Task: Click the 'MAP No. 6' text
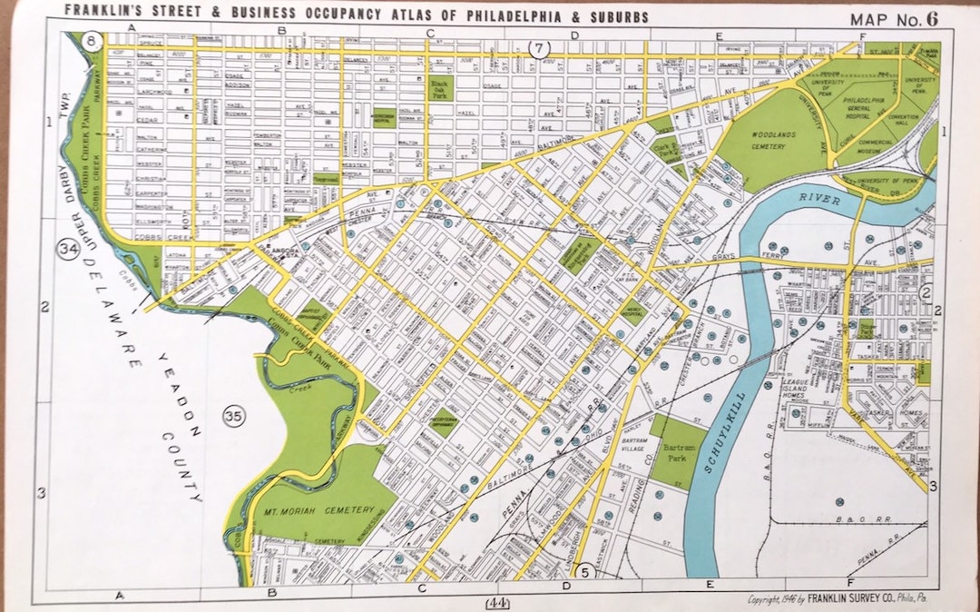pos(893,19)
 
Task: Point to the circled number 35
pos(234,417)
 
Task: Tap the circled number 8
pos(91,41)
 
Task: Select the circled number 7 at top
pos(540,48)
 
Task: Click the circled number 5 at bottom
pos(585,571)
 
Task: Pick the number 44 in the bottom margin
pos(497,602)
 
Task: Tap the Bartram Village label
pos(632,445)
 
